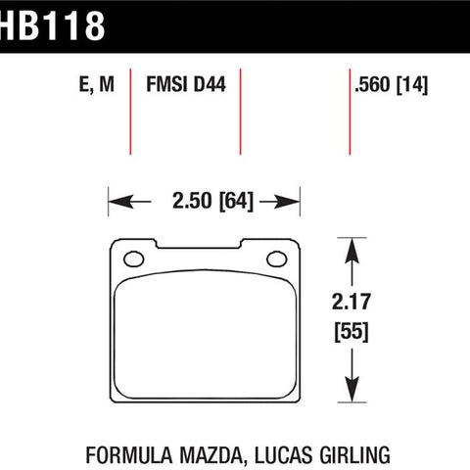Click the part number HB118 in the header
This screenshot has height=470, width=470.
tap(52, 25)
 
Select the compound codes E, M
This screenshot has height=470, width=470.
tap(97, 84)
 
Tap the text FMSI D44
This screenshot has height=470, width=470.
tap(186, 84)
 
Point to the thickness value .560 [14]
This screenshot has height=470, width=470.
tap(391, 85)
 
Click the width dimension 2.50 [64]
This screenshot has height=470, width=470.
tap(212, 201)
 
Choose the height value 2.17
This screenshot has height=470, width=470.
tap(352, 302)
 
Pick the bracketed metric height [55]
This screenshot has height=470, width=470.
tap(352, 332)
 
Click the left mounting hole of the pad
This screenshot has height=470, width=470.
tap(134, 259)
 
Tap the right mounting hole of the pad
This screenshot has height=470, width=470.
tap(277, 259)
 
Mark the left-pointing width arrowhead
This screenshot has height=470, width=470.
tap(120, 202)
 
